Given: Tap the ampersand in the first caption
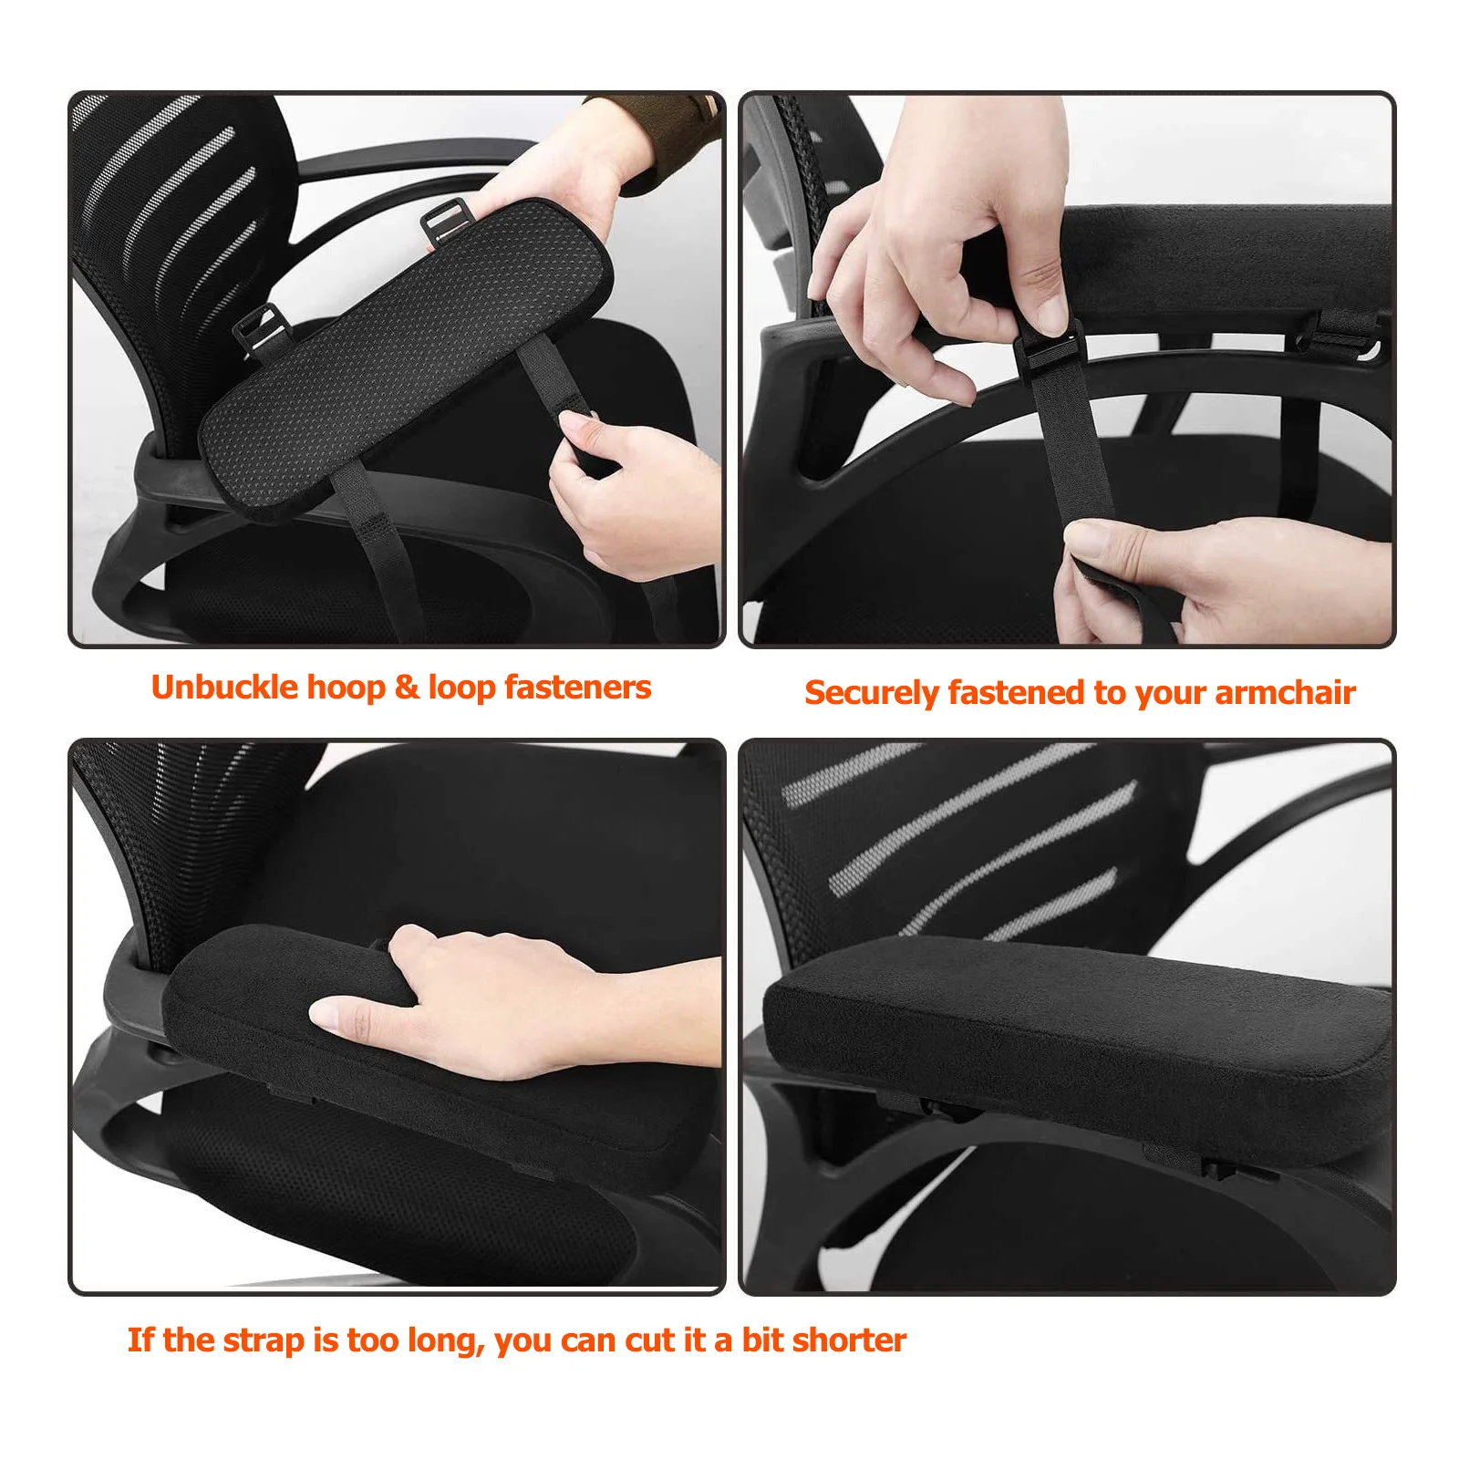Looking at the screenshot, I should (406, 688).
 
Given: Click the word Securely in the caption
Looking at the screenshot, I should (871, 693).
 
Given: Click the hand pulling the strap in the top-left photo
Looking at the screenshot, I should (629, 492).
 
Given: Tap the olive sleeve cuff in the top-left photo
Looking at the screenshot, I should (661, 137).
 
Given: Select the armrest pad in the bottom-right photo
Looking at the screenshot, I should (1076, 1030).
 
